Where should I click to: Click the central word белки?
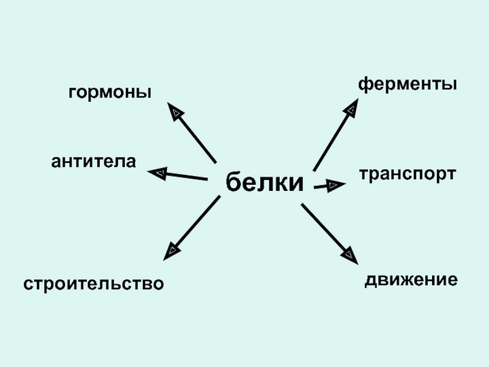[265, 182]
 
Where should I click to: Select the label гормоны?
[110, 93]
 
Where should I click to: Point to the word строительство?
[94, 284]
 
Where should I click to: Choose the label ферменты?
[408, 84]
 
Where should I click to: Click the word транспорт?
[408, 174]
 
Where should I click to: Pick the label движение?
[411, 281]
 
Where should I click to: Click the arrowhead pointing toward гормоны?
[175, 111]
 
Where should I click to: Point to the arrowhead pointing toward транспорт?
[334, 185]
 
